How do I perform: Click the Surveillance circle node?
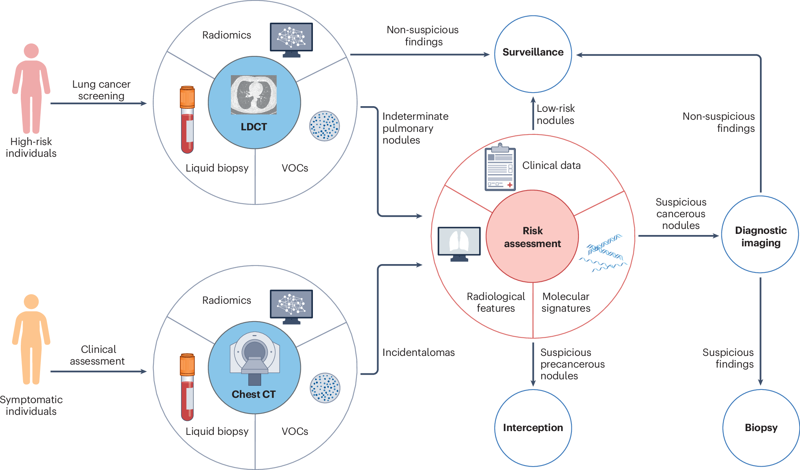click(x=533, y=54)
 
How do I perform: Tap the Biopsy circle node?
click(x=761, y=428)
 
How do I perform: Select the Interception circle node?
click(x=533, y=428)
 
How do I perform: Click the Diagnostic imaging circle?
click(x=760, y=235)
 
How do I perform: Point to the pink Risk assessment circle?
click(x=532, y=237)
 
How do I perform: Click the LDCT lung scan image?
click(x=254, y=94)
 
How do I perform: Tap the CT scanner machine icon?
click(x=255, y=357)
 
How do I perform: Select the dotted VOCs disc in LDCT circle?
click(x=324, y=126)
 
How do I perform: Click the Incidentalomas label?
click(x=418, y=352)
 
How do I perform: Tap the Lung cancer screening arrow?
click(x=98, y=103)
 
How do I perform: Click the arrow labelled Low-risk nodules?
click(x=533, y=113)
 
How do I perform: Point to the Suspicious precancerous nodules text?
click(x=572, y=364)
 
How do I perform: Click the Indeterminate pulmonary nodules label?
click(x=415, y=128)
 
